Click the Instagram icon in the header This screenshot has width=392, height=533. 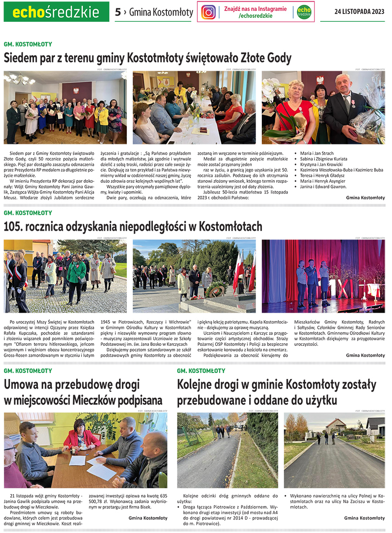pyautogui.click(x=209, y=12)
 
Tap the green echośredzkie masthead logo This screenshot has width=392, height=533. pyautogui.click(x=56, y=12)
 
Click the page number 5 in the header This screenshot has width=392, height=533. pyautogui.click(x=118, y=12)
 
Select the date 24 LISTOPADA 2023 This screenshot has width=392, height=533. pyautogui.click(x=359, y=12)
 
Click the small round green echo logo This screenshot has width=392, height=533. pyautogui.click(x=304, y=12)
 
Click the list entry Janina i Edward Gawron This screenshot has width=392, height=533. pyautogui.click(x=324, y=187)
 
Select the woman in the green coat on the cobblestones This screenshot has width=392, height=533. pyautogui.click(x=77, y=273)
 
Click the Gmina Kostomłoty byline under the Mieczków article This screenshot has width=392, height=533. pyautogui.click(x=148, y=518)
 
